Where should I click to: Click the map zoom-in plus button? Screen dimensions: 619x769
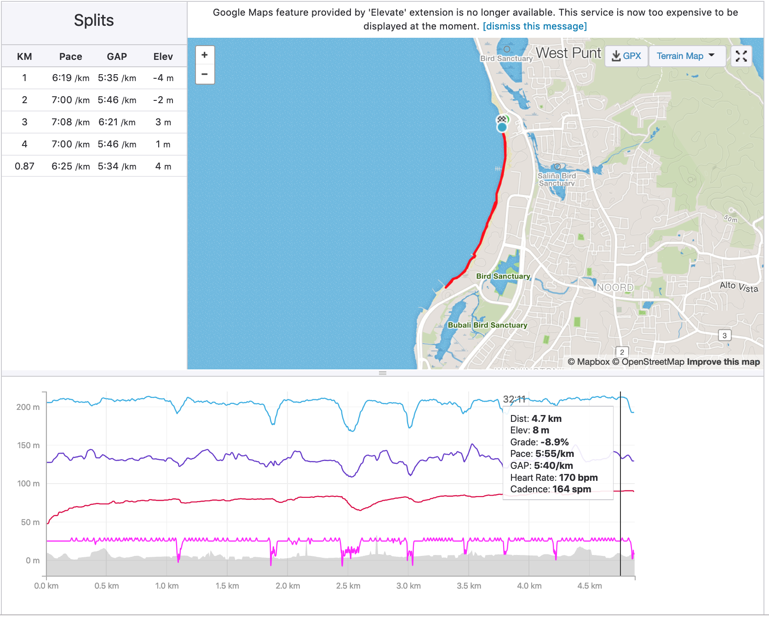[x=205, y=55]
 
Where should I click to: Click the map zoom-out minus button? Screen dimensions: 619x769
[x=205, y=74]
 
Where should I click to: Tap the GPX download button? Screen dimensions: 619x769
[x=626, y=56]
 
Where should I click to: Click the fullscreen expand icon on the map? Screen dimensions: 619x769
[x=741, y=56]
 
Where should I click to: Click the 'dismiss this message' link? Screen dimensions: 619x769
[x=535, y=26]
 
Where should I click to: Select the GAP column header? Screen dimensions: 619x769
[x=117, y=57]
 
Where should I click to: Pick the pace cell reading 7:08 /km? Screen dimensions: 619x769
[x=70, y=122]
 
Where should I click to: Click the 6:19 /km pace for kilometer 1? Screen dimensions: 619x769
[x=70, y=78]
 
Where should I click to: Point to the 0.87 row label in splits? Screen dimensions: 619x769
[x=24, y=166]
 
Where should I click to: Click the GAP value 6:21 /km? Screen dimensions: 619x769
[x=117, y=122]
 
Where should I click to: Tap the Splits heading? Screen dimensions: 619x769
[x=94, y=20]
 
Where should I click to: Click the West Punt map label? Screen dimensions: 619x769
[x=568, y=53]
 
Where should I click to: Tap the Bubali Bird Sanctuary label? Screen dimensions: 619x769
[x=488, y=325]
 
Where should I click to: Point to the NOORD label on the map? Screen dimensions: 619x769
[x=615, y=287]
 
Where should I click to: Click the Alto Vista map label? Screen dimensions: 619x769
[x=739, y=287]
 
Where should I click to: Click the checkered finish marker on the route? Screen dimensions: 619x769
[x=501, y=119]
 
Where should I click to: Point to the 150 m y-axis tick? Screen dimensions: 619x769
[x=29, y=445]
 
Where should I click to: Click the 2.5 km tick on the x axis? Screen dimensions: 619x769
[x=348, y=586]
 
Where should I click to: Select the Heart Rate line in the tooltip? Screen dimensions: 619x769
[x=554, y=478]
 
